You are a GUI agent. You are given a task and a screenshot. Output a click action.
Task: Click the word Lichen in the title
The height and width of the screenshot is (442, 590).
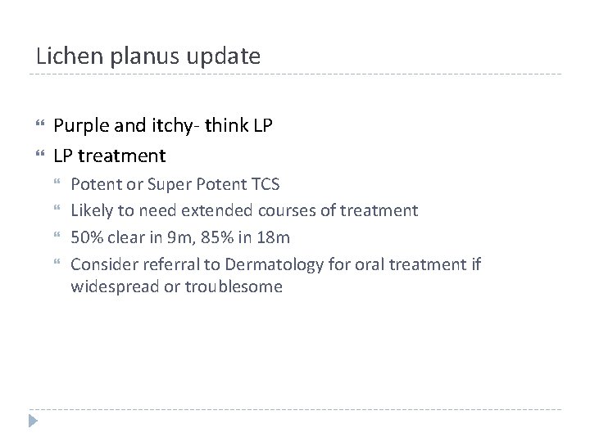click(x=63, y=56)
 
